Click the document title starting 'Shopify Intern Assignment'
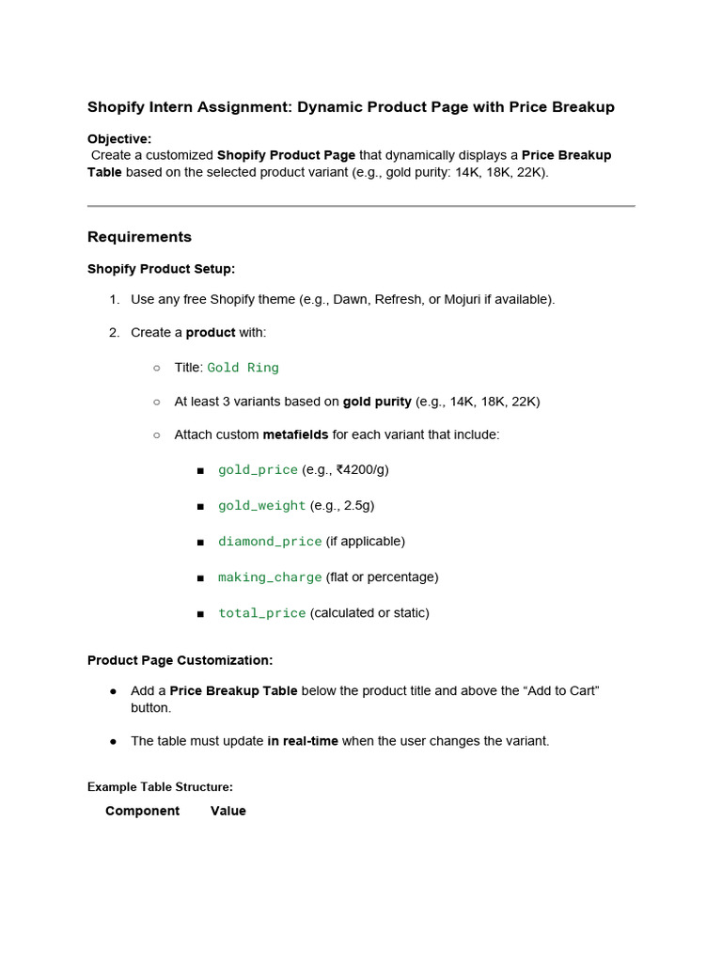(351, 107)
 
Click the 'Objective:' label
(119, 139)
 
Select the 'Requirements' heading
(139, 237)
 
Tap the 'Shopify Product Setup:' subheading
(161, 269)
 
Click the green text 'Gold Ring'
(243, 368)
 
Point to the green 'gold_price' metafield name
(258, 469)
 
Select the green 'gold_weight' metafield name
(261, 506)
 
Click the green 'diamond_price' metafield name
(270, 542)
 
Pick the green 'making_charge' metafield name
(270, 577)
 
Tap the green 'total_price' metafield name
(261, 613)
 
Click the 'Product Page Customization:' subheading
(180, 660)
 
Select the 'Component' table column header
(142, 811)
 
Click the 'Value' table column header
(228, 811)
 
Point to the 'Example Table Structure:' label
(160, 787)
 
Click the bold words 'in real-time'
(302, 741)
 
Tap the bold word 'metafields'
(295, 434)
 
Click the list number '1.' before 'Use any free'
(114, 299)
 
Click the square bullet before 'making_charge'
(200, 577)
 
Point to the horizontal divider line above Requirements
(361, 206)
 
